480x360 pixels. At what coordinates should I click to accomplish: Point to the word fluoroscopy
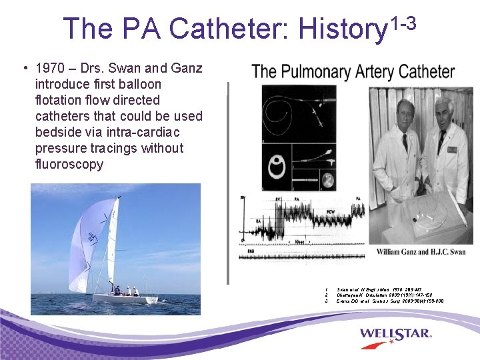tap(69, 164)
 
